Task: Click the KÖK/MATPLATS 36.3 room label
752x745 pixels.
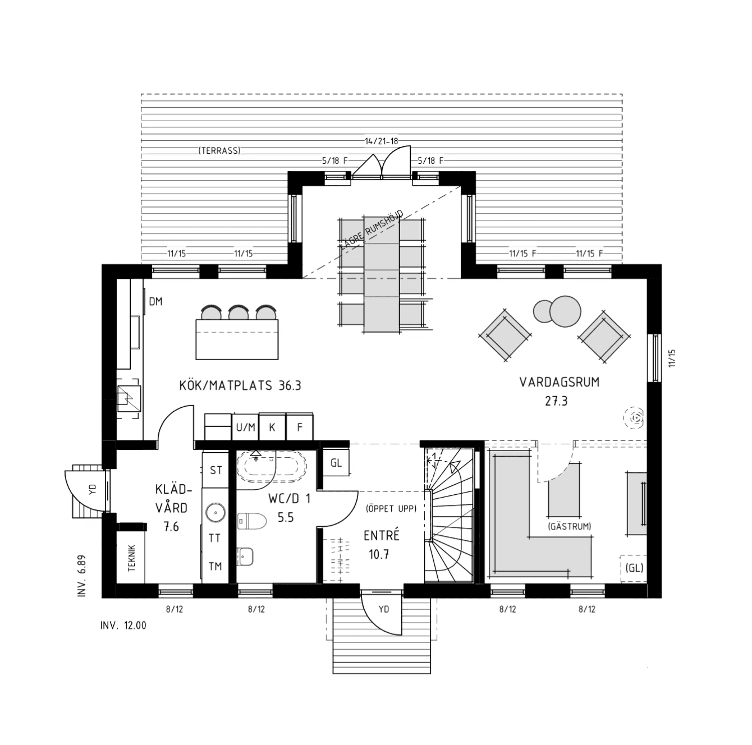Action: pyautogui.click(x=240, y=385)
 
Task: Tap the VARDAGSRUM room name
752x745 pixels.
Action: pyautogui.click(x=559, y=382)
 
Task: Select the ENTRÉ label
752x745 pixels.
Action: pyautogui.click(x=381, y=535)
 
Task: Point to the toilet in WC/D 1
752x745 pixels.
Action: pyautogui.click(x=252, y=521)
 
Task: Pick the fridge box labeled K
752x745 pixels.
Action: pyautogui.click(x=272, y=427)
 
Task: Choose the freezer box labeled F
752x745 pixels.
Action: pyautogui.click(x=299, y=427)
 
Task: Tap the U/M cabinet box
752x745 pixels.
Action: pyautogui.click(x=245, y=427)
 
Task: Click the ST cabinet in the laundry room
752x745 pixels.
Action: pyautogui.click(x=215, y=470)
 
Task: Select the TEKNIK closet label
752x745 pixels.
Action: pyautogui.click(x=131, y=558)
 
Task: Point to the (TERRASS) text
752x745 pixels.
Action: pyautogui.click(x=219, y=151)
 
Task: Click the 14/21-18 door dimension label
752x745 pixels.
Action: pyautogui.click(x=381, y=141)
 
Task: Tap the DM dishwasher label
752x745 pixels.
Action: pyautogui.click(x=155, y=301)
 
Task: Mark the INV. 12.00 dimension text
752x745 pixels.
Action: pyautogui.click(x=123, y=626)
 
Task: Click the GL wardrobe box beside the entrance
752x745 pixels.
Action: pyautogui.click(x=336, y=463)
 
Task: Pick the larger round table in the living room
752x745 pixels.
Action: pyautogui.click(x=565, y=311)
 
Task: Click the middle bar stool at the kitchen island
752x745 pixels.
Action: pyautogui.click(x=239, y=312)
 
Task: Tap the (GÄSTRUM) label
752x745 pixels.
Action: pyautogui.click(x=570, y=526)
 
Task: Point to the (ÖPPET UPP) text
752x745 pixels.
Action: pyautogui.click(x=391, y=508)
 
